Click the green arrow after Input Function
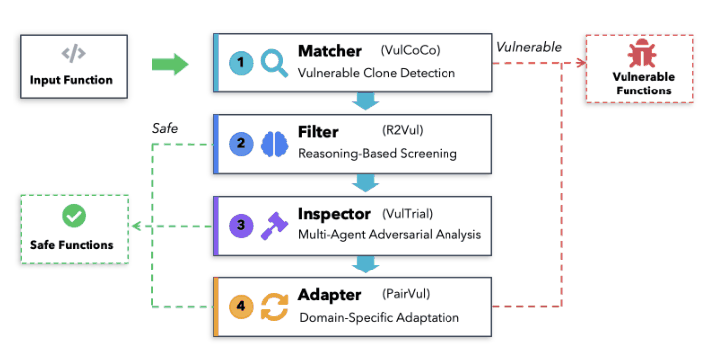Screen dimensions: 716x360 click(170, 64)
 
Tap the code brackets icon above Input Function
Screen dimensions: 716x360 click(73, 53)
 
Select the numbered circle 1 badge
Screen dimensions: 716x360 click(241, 63)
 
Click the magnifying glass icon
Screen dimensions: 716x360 click(274, 63)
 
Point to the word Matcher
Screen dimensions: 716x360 click(330, 51)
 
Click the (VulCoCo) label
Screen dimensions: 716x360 click(410, 50)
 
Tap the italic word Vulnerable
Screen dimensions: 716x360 click(529, 47)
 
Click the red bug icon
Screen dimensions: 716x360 click(642, 53)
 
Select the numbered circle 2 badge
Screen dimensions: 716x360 click(241, 144)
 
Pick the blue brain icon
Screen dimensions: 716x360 click(274, 144)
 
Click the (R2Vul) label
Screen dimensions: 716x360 click(403, 131)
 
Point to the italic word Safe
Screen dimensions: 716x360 click(165, 129)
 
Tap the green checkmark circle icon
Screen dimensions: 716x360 click(74, 216)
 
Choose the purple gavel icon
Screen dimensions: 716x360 click(274, 226)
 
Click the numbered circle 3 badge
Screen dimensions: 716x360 click(241, 225)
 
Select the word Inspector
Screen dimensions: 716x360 click(334, 214)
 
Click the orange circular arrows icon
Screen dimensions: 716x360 click(274, 307)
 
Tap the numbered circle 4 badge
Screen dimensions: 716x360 click(241, 306)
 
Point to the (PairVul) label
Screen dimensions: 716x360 click(406, 294)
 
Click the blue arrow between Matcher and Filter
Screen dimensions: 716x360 click(365, 101)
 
